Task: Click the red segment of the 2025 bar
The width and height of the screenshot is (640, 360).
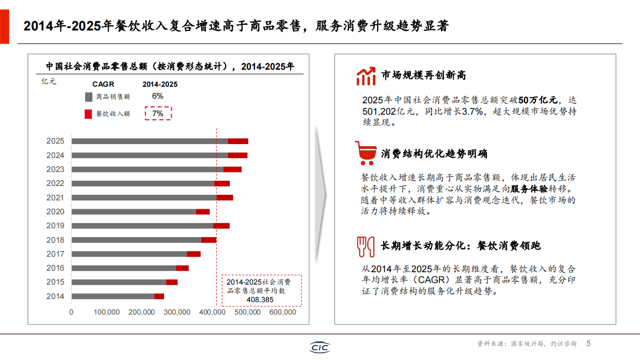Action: tap(238, 141)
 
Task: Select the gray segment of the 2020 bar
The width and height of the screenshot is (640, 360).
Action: tap(134, 211)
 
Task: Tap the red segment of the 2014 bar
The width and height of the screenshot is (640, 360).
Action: tap(159, 296)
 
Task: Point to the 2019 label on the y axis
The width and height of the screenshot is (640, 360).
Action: tap(55, 226)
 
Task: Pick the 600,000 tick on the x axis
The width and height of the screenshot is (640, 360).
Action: tap(283, 312)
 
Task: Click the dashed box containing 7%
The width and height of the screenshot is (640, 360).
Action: tap(158, 113)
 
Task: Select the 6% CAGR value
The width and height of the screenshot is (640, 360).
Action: tap(157, 96)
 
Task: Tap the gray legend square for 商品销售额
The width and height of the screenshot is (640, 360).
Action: tap(88, 97)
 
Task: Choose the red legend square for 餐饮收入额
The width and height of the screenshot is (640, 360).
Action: tap(88, 114)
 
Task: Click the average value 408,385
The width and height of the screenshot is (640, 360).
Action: tap(260, 300)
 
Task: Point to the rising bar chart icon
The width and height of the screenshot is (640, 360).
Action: tap(365, 76)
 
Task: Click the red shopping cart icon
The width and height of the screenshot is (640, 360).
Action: tap(365, 153)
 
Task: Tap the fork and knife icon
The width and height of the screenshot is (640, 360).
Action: tap(365, 246)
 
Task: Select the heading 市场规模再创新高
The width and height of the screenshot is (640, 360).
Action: tap(423, 75)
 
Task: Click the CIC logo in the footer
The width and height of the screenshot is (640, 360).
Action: tap(319, 348)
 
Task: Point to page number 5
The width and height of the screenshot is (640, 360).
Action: tap(588, 343)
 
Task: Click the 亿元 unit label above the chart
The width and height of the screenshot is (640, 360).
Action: tap(49, 81)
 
